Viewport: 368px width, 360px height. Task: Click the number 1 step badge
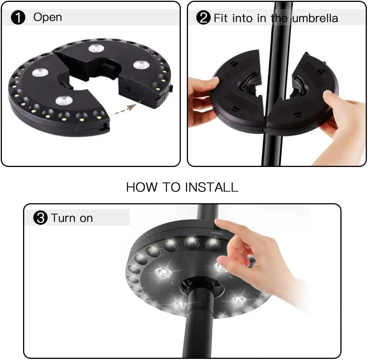pyautogui.click(x=18, y=18)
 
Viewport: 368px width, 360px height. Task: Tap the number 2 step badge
pyautogui.click(x=203, y=18)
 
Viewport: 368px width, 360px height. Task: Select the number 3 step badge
pyautogui.click(x=40, y=218)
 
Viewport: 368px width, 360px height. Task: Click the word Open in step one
pyautogui.click(x=48, y=17)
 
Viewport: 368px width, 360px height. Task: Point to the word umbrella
pyautogui.click(x=315, y=18)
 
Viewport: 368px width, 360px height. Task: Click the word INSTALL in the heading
pyautogui.click(x=212, y=187)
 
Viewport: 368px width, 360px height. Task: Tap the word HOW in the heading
pyautogui.click(x=142, y=187)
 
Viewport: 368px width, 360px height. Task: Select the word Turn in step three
pyautogui.click(x=63, y=218)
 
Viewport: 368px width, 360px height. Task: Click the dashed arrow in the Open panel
pyautogui.click(x=123, y=109)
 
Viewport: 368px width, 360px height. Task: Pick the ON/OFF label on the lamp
pyautogui.click(x=216, y=233)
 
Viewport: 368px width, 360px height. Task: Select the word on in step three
pyautogui.click(x=86, y=219)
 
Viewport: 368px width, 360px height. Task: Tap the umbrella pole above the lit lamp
pyautogui.click(x=208, y=212)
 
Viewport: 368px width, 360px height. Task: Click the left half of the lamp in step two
pyautogui.click(x=237, y=89)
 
